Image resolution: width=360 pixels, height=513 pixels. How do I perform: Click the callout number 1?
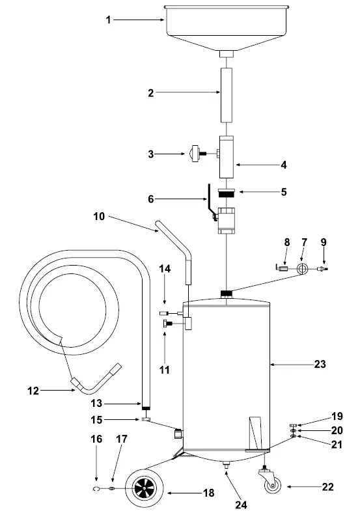109,20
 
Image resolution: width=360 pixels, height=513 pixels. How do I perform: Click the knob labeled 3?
195,154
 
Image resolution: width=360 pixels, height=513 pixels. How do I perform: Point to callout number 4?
283,165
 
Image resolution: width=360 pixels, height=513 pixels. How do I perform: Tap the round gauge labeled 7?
302,268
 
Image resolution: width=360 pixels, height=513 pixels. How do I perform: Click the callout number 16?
96,439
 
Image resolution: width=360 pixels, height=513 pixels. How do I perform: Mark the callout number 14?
165,268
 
